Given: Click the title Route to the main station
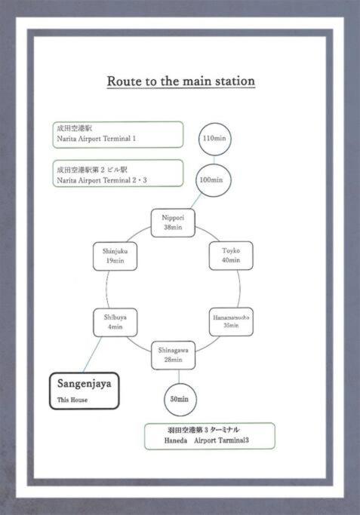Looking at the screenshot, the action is (x=181, y=81).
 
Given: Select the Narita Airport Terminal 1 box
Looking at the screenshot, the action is (x=118, y=135).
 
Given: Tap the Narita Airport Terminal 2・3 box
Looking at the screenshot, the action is (x=118, y=173).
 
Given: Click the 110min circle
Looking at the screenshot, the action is (x=214, y=139).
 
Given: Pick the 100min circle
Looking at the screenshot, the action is (x=214, y=179).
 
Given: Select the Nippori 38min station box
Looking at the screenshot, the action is (x=173, y=222).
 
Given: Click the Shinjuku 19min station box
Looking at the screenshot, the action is (x=115, y=256).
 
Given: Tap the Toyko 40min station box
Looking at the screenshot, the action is (x=231, y=256).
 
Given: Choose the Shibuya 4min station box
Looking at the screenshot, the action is (x=115, y=322).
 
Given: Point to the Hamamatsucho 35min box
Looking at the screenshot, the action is (x=231, y=321).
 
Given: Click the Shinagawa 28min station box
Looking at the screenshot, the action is (x=174, y=355).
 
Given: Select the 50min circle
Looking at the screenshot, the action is (x=180, y=399).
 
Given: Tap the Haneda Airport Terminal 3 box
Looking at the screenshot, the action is (x=209, y=436).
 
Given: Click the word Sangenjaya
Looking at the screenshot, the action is (x=85, y=384).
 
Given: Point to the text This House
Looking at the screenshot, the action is (x=72, y=400).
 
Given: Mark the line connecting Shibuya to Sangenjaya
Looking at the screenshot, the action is (x=92, y=354).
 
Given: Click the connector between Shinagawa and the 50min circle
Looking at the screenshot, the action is (x=179, y=376).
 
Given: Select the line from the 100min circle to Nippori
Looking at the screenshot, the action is (x=196, y=201).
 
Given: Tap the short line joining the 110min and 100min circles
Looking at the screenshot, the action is (x=214, y=159).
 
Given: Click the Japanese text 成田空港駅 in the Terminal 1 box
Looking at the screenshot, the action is (x=74, y=128).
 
